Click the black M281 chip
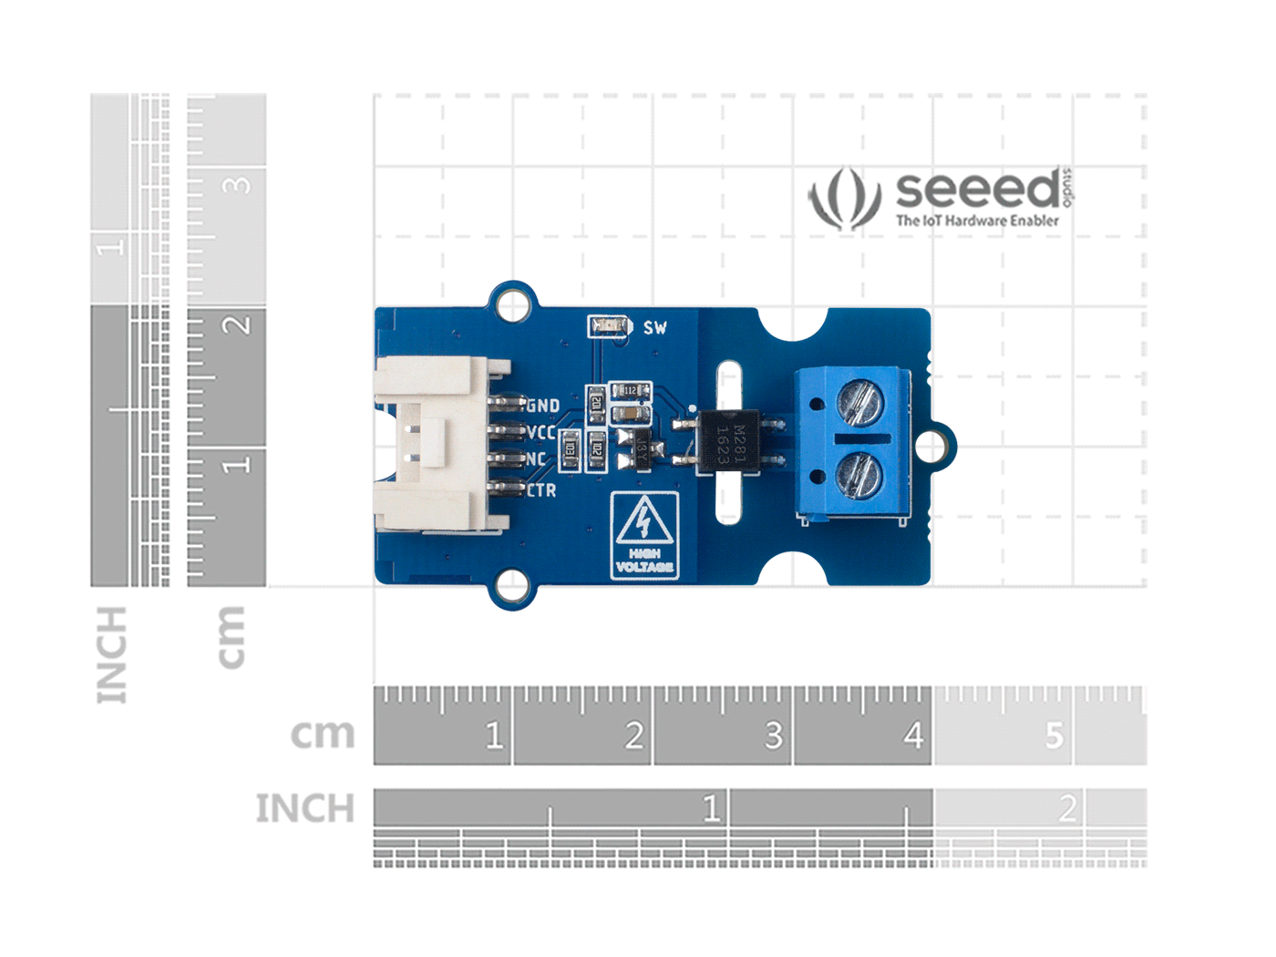(x=727, y=443)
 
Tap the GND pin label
(x=543, y=406)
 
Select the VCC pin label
(x=540, y=432)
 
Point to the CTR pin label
(x=541, y=490)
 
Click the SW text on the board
(x=654, y=327)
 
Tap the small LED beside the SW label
(x=608, y=326)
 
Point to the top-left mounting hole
(x=513, y=304)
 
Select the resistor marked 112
(x=629, y=391)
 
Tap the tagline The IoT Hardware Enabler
(x=977, y=221)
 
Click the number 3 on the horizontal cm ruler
(x=773, y=735)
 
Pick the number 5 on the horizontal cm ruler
(x=1054, y=735)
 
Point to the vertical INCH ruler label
(x=111, y=654)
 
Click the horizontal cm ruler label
(x=322, y=734)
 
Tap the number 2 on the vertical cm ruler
(x=236, y=324)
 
